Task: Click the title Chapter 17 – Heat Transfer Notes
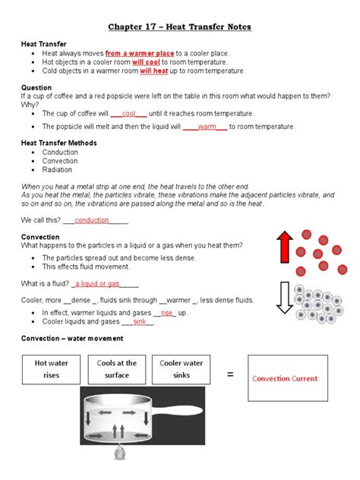coord(179,27)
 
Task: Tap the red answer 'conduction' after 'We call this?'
coord(92,220)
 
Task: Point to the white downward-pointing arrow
coord(284,297)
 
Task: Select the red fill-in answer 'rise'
coord(167,312)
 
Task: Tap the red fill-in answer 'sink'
coord(140,321)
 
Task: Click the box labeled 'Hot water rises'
coord(52,369)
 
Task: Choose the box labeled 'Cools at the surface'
coord(117,369)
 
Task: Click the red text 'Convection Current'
coord(285,378)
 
